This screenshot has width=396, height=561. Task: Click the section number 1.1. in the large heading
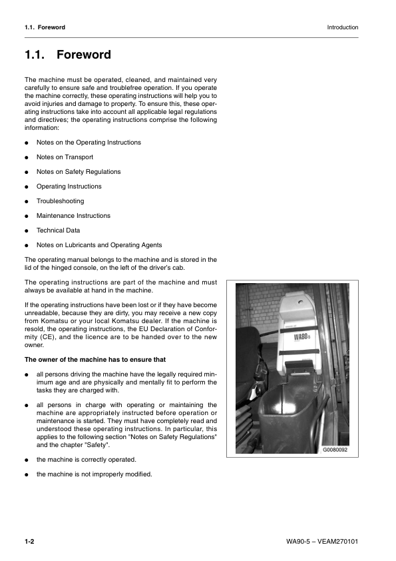tap(35, 55)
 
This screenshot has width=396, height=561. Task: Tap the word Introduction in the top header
tap(343, 27)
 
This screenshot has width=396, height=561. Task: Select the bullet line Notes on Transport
tap(65, 157)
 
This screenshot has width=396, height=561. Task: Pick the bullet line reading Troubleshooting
tap(60, 201)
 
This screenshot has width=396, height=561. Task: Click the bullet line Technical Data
tap(58, 231)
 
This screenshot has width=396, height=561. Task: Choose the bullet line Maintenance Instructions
tap(73, 216)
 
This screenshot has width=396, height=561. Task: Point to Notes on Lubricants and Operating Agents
tap(99, 245)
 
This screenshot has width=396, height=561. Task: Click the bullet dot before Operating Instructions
tap(27, 187)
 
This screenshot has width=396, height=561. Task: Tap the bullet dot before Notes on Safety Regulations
tap(27, 172)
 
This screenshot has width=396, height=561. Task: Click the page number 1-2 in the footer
tap(29, 541)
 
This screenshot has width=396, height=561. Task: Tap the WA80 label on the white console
tap(303, 336)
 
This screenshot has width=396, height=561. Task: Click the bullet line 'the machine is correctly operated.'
tap(87, 460)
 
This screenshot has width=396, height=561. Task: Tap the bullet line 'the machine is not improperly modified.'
tap(94, 474)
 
